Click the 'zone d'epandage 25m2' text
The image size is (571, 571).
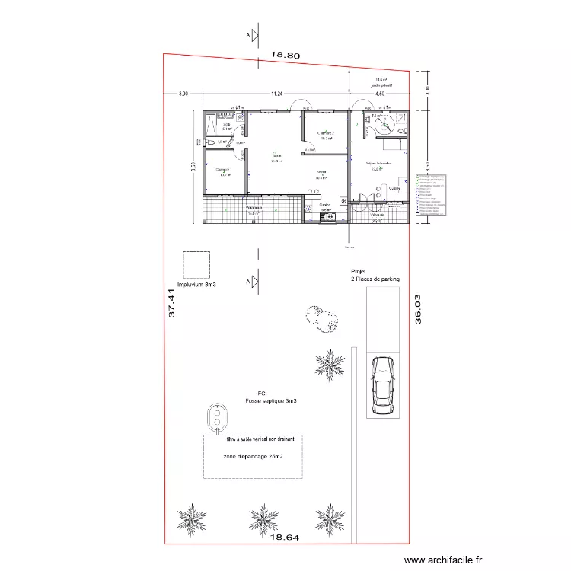254,457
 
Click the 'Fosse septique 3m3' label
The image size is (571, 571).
270,400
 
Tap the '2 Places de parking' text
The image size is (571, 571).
375,279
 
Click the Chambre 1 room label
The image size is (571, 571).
224,170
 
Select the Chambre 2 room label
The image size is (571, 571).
326,134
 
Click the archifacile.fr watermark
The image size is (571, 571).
444,560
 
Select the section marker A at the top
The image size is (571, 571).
248,35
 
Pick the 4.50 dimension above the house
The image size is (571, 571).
380,94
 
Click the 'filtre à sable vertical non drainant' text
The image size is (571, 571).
253,439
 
